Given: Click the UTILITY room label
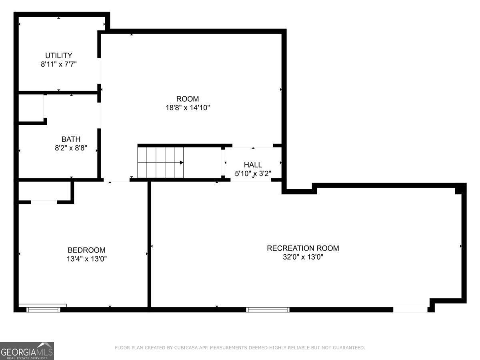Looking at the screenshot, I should click(x=58, y=55).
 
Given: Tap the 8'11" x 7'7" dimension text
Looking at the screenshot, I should click(x=58, y=64).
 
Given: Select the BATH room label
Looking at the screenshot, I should click(x=71, y=139).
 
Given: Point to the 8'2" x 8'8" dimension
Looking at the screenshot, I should click(x=71, y=148).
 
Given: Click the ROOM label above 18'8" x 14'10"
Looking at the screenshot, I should click(x=188, y=99).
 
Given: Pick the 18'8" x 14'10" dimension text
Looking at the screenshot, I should click(x=188, y=108).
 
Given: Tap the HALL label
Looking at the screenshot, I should click(x=253, y=164).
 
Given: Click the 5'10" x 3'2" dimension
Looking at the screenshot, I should click(x=253, y=173).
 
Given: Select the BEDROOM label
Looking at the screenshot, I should click(x=86, y=250).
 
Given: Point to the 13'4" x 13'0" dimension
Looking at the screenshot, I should click(x=86, y=259).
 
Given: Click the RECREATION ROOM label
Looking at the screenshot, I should click(x=303, y=248).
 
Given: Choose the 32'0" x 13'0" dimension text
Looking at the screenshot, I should click(x=303, y=257).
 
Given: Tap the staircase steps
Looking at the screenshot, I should click(x=160, y=162).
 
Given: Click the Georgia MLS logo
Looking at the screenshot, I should click(x=27, y=351).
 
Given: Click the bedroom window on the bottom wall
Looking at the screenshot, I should click(x=43, y=309).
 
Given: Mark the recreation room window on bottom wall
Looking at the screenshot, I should click(x=268, y=309).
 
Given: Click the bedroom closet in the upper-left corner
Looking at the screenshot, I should click(x=44, y=191).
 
